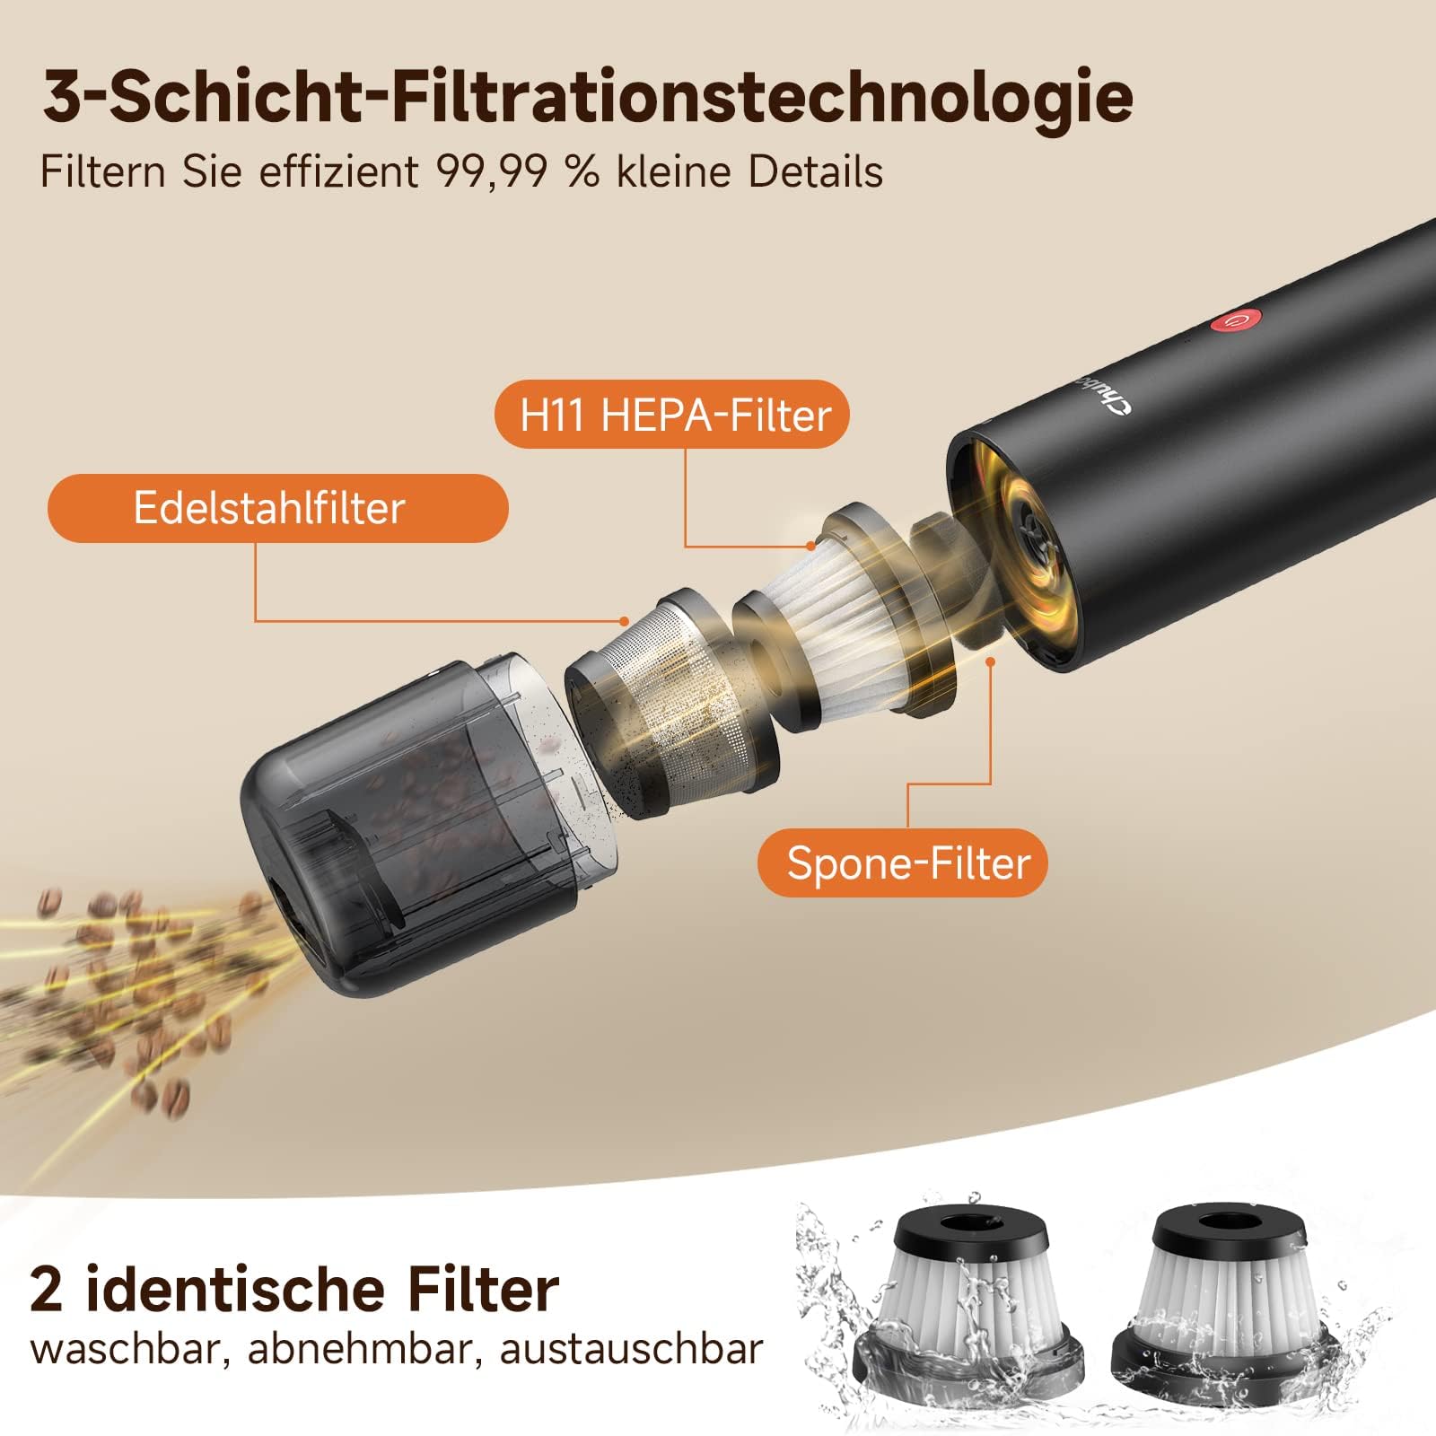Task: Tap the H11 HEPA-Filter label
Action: pyautogui.click(x=672, y=415)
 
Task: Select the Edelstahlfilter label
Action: pyautogui.click(x=277, y=508)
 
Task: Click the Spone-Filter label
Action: pyautogui.click(x=903, y=862)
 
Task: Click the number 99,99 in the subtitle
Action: pyautogui.click(x=491, y=171)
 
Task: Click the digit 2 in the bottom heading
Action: pyautogui.click(x=47, y=1291)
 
